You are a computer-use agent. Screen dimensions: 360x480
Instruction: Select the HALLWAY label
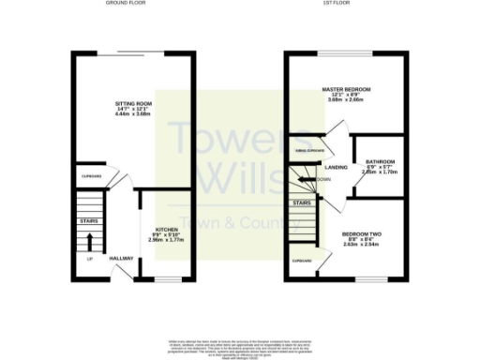121,258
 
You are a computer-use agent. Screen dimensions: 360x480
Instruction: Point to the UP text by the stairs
90,259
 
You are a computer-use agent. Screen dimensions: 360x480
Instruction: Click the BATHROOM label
380,161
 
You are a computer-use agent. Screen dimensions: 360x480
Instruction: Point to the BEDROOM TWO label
361,233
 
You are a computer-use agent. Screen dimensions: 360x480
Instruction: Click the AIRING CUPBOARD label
309,150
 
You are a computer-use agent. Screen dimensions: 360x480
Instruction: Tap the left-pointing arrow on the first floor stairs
304,179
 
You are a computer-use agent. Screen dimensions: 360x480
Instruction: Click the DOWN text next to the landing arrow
323,179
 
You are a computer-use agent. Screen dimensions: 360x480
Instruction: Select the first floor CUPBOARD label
301,261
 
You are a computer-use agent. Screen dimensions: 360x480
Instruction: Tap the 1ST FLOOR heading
346,5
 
